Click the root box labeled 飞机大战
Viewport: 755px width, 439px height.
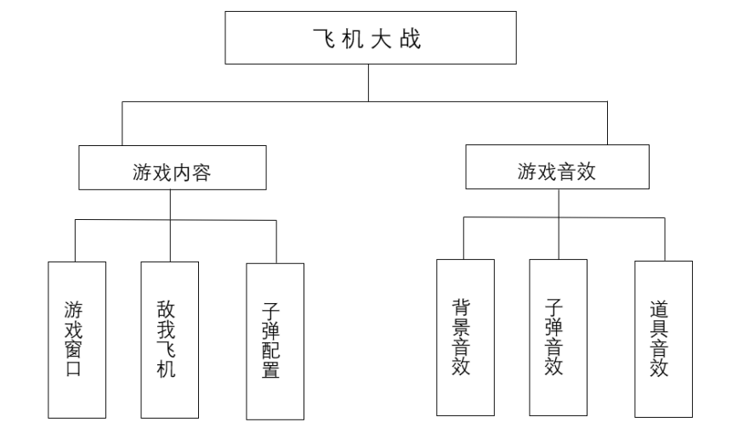coord(369,37)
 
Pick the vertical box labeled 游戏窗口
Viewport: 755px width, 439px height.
coord(77,340)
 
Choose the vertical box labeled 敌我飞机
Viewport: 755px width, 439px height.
coord(170,340)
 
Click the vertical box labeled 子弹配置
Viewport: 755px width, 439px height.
coord(275,341)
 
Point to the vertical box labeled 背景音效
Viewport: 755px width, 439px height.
coord(465,338)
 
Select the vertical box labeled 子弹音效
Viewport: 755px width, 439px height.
coord(558,338)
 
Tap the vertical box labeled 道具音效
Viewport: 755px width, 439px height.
coord(663,338)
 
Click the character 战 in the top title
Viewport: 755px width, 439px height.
coord(411,39)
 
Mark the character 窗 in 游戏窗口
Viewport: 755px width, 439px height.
coord(76,349)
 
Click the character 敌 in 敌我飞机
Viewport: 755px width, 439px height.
coord(167,308)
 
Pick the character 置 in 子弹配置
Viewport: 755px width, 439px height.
coord(273,370)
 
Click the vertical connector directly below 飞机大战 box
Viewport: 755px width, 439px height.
coord(368,83)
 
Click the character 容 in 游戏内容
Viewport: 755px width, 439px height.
coord(201,172)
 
